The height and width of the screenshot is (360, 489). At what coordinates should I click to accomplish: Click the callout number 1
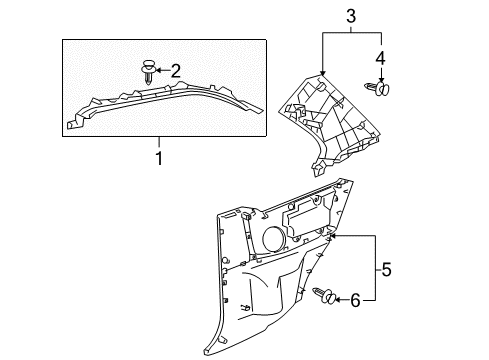(157, 158)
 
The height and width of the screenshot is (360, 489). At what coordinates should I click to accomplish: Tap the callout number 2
(176, 70)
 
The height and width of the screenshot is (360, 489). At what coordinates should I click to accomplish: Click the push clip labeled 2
(149, 71)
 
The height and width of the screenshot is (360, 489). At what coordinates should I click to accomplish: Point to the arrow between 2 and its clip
(163, 70)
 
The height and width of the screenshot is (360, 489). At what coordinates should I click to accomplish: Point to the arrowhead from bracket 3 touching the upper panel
(323, 73)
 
